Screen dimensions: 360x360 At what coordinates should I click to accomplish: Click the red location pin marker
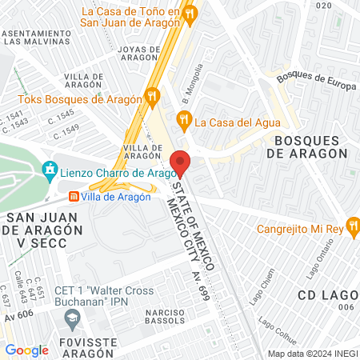[180, 162]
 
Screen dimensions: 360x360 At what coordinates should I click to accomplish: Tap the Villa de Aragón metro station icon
[74, 196]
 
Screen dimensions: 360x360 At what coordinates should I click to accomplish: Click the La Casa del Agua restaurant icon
[185, 122]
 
